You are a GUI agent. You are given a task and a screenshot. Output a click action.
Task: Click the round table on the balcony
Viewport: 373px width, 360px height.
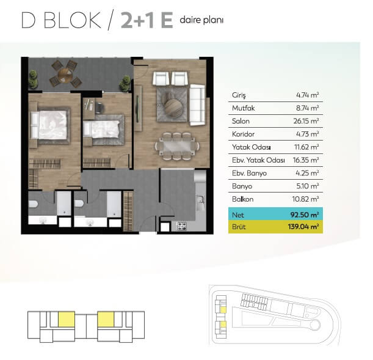pos(65,75)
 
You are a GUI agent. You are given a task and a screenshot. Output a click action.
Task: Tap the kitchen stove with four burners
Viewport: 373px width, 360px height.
pos(182,226)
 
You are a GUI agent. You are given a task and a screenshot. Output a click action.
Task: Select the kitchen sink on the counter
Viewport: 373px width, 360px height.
pos(200,203)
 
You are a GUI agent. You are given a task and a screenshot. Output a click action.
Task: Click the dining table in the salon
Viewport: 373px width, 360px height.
pos(177,145)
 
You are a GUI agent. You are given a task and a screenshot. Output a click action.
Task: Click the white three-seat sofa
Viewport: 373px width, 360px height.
pos(197,105)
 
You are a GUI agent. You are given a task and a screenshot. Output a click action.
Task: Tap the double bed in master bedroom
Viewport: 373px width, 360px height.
pos(50,125)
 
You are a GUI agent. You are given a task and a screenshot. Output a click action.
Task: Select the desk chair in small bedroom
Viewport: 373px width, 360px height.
pos(100,108)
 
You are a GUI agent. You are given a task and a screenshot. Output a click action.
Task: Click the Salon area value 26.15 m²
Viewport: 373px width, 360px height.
pos(306,121)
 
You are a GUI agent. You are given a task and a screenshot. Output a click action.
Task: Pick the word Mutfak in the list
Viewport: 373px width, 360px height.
pos(243,108)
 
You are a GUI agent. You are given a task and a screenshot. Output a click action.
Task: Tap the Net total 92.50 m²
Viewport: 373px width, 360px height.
pos(305,215)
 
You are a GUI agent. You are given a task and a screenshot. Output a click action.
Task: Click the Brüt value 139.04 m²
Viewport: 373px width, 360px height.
pos(303,226)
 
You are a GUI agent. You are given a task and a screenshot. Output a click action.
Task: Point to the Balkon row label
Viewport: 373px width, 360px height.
pos(242,199)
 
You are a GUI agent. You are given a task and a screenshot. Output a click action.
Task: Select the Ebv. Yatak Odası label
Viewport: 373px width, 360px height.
pos(258,160)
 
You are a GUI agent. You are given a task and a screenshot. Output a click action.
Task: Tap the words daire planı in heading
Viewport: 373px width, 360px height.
pos(201,20)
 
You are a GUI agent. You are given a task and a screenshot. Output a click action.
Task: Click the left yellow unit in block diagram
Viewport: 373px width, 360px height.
pos(67,319)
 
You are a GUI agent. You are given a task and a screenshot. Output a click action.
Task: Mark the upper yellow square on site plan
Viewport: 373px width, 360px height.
pos(223,309)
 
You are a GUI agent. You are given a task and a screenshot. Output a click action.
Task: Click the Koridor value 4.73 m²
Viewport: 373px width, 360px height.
pos(307,134)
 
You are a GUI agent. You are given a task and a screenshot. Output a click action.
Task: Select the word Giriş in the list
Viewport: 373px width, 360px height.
pos(239,95)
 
